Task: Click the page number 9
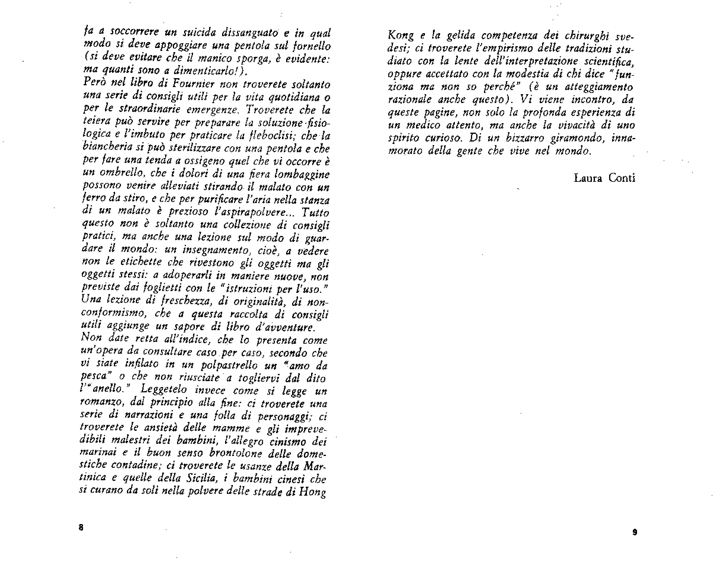634,532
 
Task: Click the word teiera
93,123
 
